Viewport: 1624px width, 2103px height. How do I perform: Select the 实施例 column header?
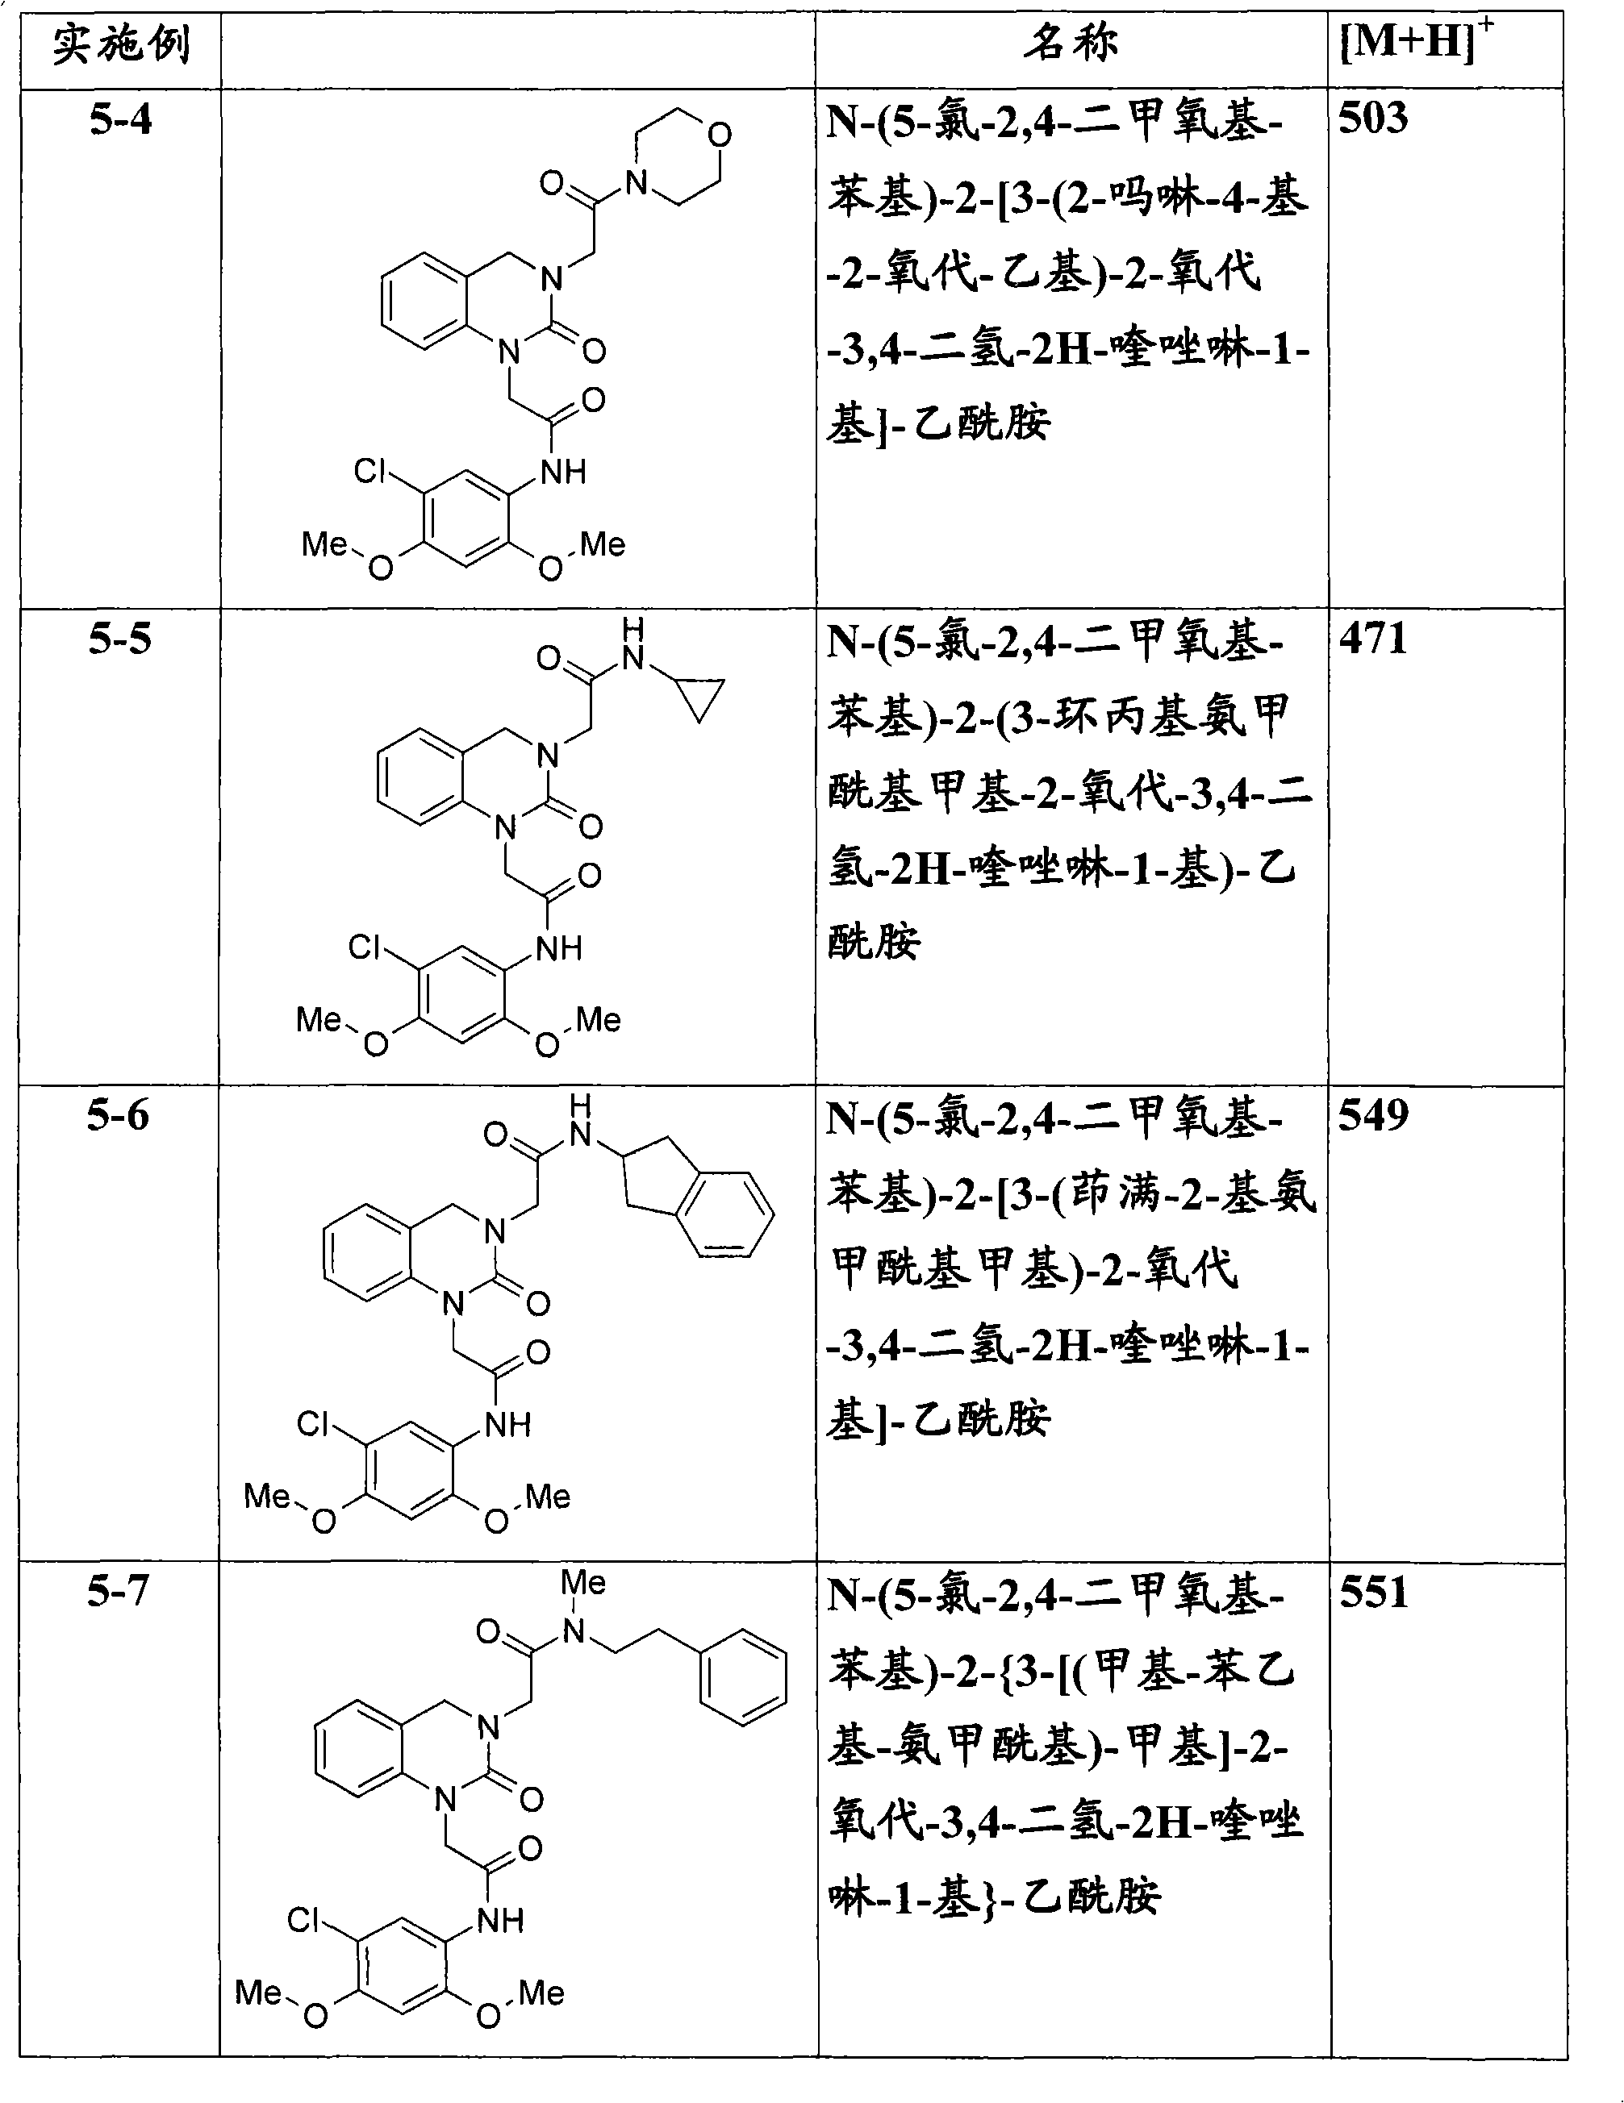tap(121, 44)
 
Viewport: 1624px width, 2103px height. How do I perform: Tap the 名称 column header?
tap(1071, 44)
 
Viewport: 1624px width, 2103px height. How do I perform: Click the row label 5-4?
tap(120, 120)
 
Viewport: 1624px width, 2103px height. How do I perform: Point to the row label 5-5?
tap(120, 639)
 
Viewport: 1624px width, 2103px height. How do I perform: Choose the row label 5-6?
tap(119, 1116)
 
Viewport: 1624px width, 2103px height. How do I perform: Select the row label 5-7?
tap(119, 1590)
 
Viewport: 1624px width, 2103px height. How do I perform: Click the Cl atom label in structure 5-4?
tap(369, 471)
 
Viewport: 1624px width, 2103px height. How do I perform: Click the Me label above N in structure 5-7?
tap(582, 1582)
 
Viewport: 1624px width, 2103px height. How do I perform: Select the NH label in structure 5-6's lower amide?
tap(508, 1425)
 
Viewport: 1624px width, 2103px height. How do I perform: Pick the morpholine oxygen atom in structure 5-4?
tap(720, 135)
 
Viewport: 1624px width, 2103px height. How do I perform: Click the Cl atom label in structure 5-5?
tap(365, 947)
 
